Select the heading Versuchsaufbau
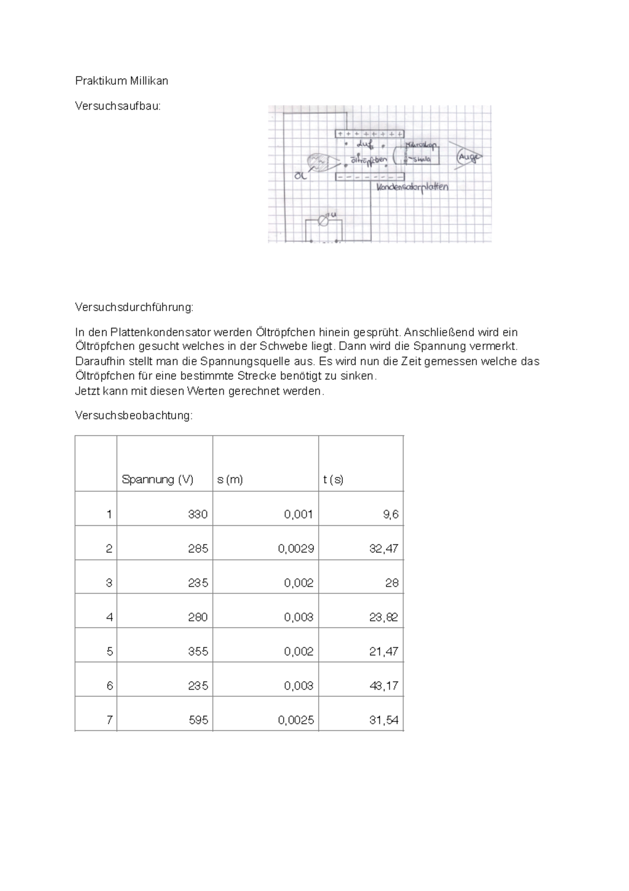118,106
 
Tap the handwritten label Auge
468,156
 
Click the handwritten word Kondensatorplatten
413,187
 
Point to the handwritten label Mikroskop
421,145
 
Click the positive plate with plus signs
370,134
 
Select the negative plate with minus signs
370,177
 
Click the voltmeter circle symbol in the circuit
324,221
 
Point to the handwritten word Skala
421,159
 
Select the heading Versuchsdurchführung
134,307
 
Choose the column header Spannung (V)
158,479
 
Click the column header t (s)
333,479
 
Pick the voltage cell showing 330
198,514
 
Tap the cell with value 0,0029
296,549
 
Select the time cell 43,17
384,686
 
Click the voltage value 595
198,720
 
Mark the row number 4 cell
109,617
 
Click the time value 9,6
391,514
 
